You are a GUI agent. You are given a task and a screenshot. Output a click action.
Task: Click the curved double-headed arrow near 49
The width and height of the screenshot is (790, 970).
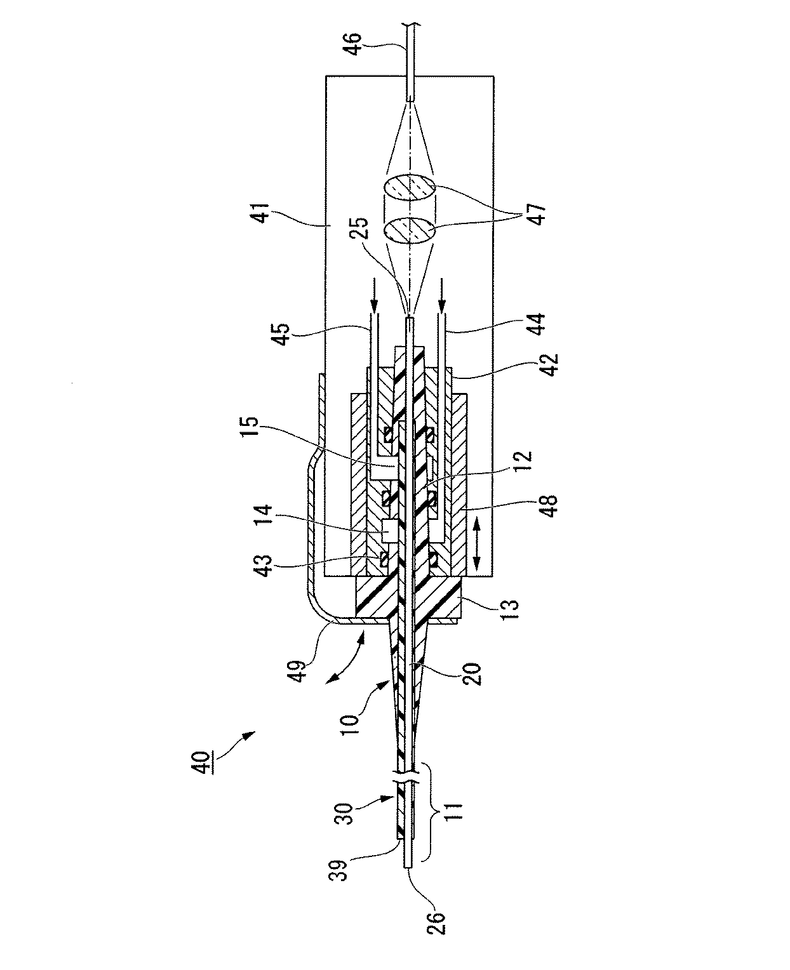pyautogui.click(x=345, y=661)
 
